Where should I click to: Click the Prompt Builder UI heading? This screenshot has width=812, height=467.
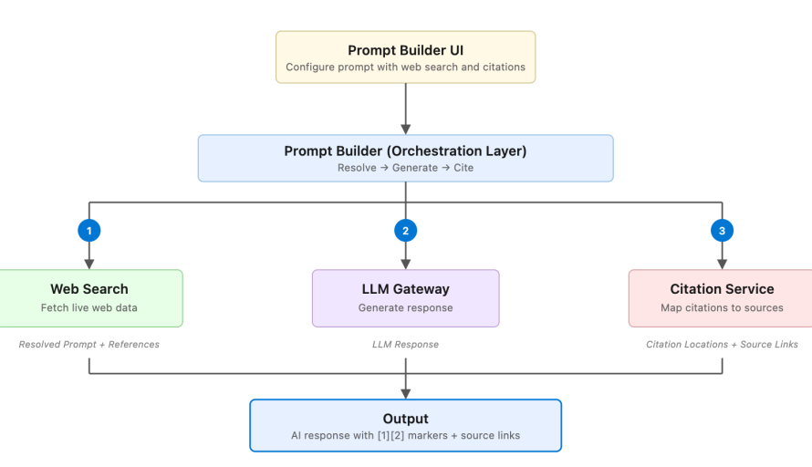pyautogui.click(x=405, y=50)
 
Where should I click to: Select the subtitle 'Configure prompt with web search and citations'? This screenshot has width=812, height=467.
pyautogui.click(x=405, y=67)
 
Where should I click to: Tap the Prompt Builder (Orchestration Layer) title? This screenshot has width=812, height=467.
pyautogui.click(x=405, y=151)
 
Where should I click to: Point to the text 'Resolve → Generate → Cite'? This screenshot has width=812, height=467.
pyautogui.click(x=405, y=168)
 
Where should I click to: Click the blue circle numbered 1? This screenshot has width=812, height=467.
pyautogui.click(x=88, y=231)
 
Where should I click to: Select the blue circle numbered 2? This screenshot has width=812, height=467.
pyautogui.click(x=405, y=231)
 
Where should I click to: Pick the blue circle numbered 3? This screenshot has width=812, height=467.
pyautogui.click(x=722, y=231)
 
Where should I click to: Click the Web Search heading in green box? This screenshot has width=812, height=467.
pyautogui.click(x=88, y=289)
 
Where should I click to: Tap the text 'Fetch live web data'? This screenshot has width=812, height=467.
pyautogui.click(x=88, y=307)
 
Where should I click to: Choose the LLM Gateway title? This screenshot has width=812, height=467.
pyautogui.click(x=405, y=289)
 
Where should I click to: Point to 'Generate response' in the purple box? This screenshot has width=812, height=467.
pyautogui.click(x=405, y=307)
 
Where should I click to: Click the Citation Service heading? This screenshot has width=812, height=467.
pyautogui.click(x=722, y=289)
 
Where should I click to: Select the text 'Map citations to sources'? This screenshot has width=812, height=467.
pyautogui.click(x=722, y=307)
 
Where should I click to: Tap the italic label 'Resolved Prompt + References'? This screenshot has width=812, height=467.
pyautogui.click(x=88, y=344)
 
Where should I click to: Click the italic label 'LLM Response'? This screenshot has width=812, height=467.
pyautogui.click(x=405, y=344)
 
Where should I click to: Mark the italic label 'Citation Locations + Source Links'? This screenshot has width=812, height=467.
pyautogui.click(x=722, y=344)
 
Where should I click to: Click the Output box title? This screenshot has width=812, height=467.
pyautogui.click(x=405, y=419)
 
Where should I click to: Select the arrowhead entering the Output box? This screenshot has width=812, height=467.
pyautogui.click(x=405, y=393)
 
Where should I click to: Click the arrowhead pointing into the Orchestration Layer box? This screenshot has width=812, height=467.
pyautogui.click(x=405, y=129)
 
